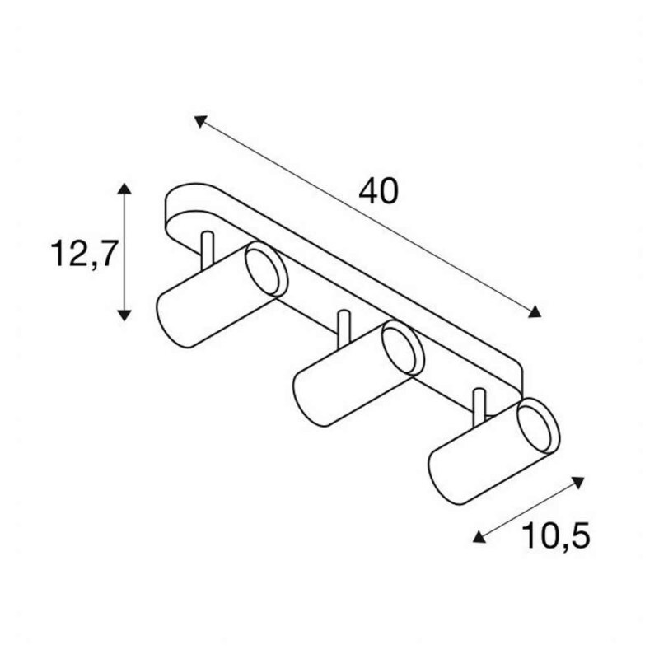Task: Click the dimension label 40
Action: (x=378, y=192)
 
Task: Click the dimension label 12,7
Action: (x=83, y=255)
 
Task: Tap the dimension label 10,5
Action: (x=555, y=536)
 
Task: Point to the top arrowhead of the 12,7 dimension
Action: (x=124, y=189)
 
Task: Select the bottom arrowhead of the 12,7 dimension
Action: (x=124, y=315)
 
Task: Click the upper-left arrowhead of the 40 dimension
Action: (x=200, y=121)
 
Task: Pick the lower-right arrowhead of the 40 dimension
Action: (x=535, y=311)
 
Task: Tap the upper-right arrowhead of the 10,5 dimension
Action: (x=579, y=483)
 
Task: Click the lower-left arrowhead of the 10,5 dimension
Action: (x=479, y=537)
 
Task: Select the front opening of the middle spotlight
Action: (x=402, y=348)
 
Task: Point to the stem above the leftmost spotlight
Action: (x=208, y=250)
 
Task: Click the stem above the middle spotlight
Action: (x=344, y=329)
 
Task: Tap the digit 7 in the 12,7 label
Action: (x=105, y=254)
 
